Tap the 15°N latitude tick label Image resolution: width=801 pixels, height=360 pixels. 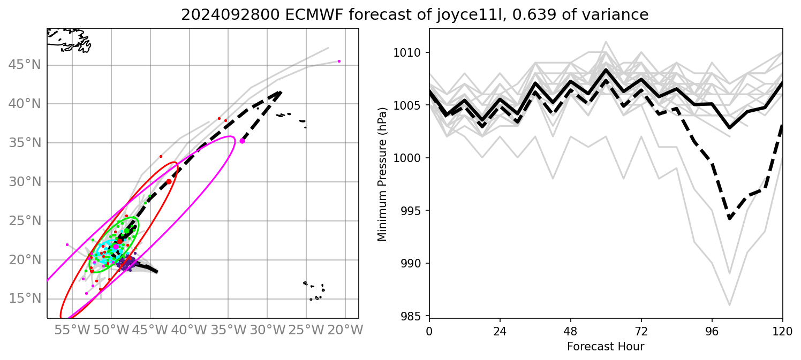25,298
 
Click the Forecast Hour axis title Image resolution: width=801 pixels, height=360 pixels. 606,346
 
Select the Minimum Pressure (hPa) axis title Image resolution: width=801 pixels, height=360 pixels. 382,173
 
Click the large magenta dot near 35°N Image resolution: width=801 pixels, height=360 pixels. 242,141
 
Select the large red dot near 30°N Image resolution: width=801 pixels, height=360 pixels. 169,182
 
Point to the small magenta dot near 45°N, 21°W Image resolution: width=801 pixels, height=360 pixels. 339,61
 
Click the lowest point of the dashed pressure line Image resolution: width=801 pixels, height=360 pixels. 729,218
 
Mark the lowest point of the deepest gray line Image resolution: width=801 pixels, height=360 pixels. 729,305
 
